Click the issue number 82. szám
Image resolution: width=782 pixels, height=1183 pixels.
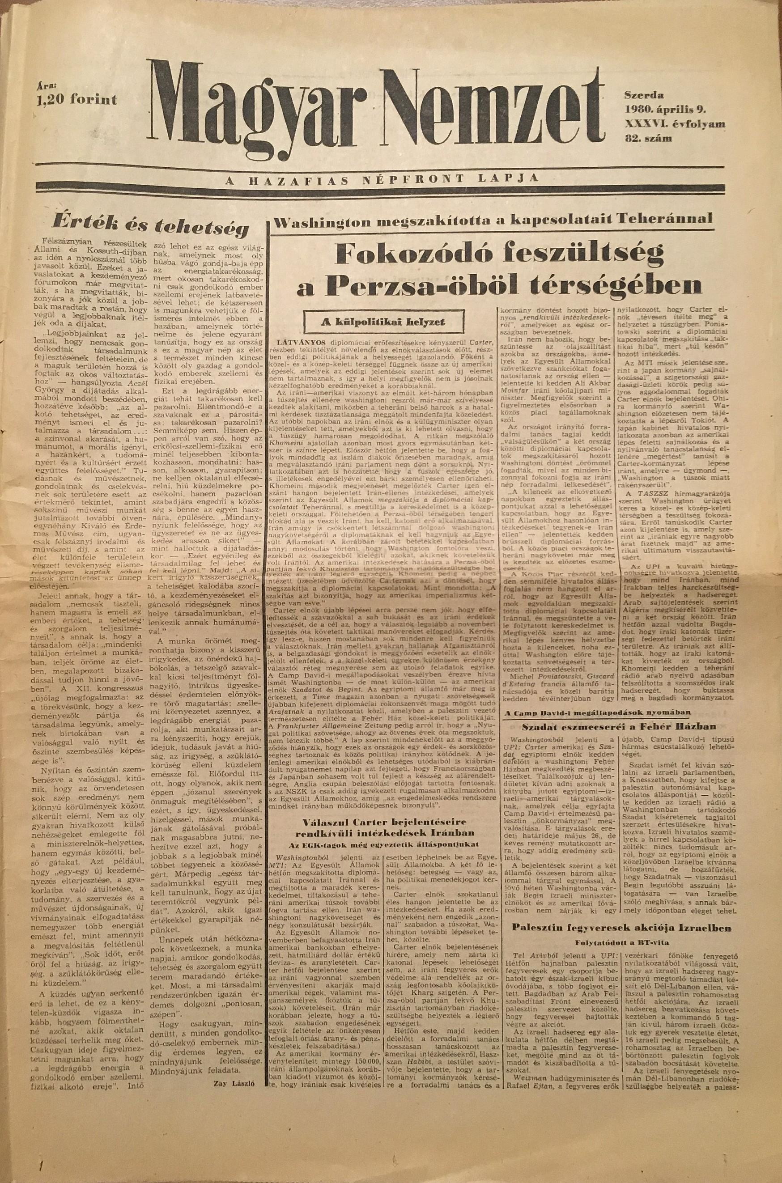pyautogui.click(x=647, y=139)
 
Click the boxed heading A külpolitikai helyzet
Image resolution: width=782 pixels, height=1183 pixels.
pyautogui.click(x=382, y=322)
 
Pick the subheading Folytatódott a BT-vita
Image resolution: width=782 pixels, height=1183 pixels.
pyautogui.click(x=621, y=942)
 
